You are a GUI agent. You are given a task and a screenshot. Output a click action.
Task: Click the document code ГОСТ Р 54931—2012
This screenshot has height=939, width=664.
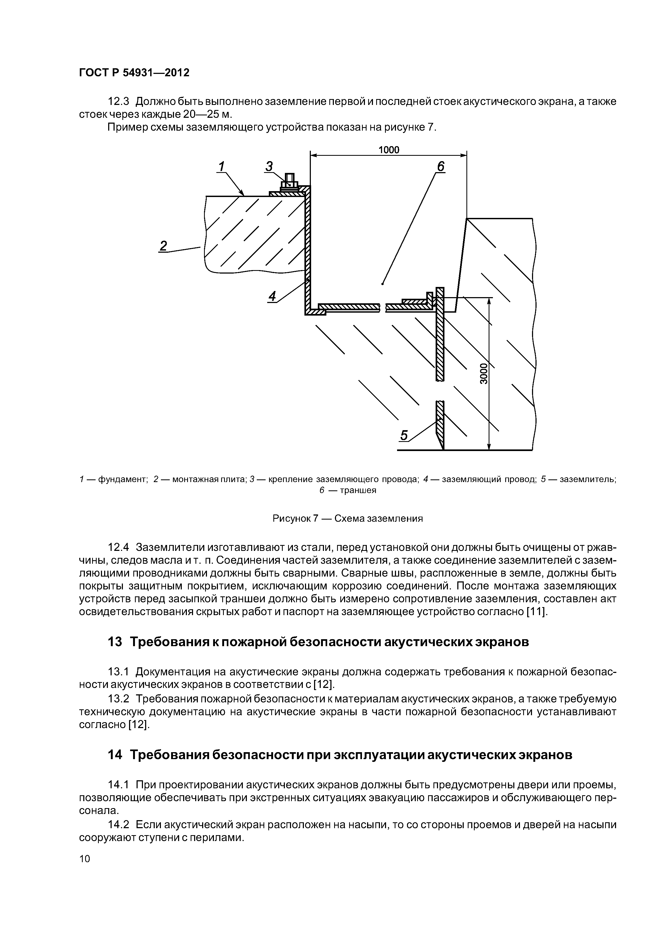[x=134, y=73]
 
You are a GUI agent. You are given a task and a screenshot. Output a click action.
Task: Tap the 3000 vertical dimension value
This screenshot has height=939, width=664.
[x=484, y=373]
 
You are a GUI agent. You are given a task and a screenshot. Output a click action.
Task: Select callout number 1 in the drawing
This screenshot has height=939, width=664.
[x=221, y=166]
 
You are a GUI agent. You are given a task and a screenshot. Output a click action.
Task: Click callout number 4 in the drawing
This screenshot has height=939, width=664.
[x=272, y=296]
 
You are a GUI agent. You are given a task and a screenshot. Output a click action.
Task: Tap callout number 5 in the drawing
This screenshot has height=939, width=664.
[x=404, y=436]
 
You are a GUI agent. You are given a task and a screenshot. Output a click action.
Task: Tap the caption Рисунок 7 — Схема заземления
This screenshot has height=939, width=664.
[x=347, y=518]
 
